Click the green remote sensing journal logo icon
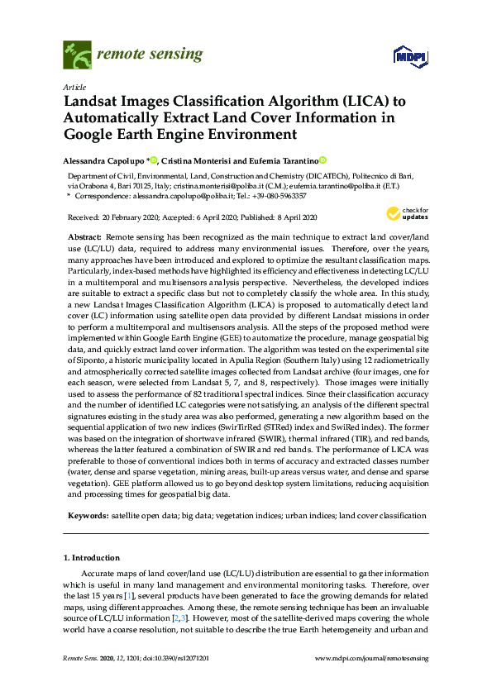(x=77, y=55)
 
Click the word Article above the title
(x=73, y=86)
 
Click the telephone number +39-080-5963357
(x=278, y=196)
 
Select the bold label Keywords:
(x=87, y=515)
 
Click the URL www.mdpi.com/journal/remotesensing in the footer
(x=371, y=657)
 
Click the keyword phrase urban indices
(x=308, y=515)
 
